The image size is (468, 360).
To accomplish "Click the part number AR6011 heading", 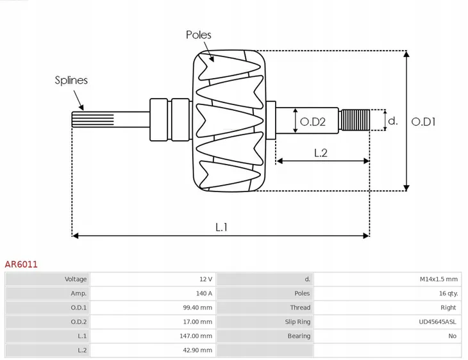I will [21, 263].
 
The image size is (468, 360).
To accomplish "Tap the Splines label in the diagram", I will [71, 81].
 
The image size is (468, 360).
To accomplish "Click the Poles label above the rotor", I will [198, 35].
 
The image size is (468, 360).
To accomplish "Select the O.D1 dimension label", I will [424, 120].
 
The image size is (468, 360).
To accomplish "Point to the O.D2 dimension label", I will [313, 122].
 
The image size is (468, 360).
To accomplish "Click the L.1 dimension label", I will [221, 226].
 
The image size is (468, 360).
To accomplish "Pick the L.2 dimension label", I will [321, 153].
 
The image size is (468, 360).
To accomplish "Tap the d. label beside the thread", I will [393, 120].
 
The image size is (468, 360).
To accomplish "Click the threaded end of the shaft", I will [355, 120].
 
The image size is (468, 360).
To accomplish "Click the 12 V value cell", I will [205, 279].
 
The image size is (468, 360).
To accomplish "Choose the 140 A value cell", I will [204, 293].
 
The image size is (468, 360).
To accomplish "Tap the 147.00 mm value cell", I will [197, 336].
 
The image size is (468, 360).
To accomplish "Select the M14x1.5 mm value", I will [439, 279].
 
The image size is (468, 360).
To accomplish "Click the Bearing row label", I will [299, 336].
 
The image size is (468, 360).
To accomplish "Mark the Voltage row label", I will [76, 279].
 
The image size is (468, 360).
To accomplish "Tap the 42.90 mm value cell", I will [198, 350].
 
